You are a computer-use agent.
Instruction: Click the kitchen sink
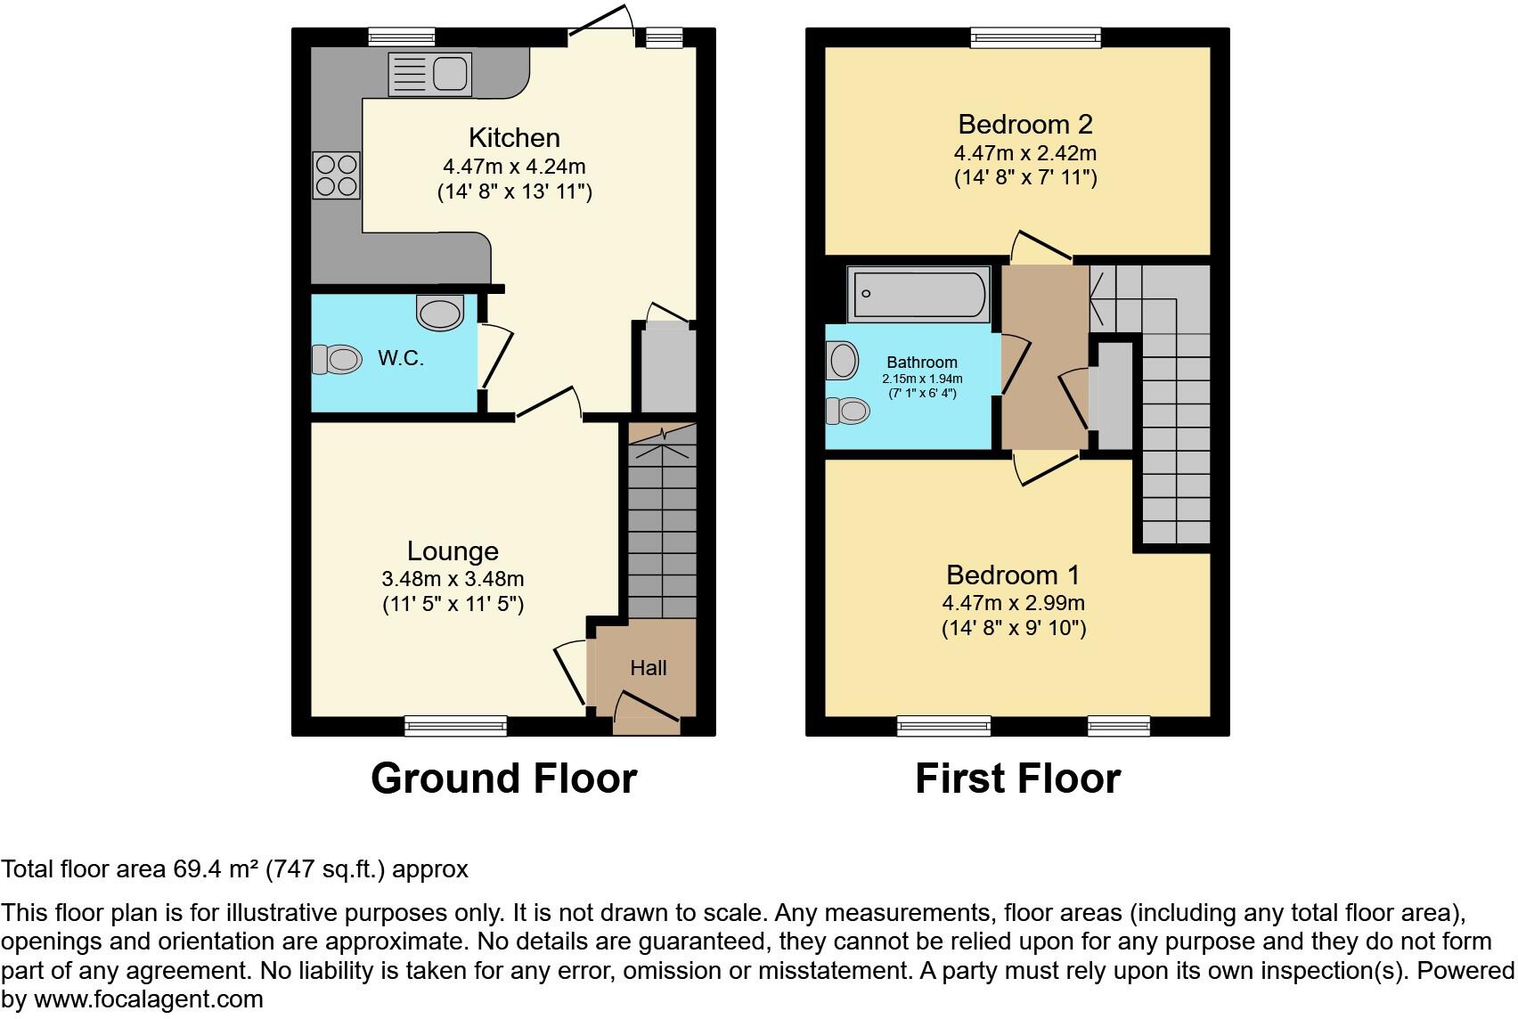tap(428, 74)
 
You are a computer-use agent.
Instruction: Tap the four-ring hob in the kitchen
tap(337, 175)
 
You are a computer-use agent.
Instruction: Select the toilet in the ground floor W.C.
tap(337, 359)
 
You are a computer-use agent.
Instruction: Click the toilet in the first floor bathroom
tap(846, 411)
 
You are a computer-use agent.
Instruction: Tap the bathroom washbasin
tap(843, 362)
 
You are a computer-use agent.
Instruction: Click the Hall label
tap(648, 668)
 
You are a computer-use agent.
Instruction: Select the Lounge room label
tap(453, 551)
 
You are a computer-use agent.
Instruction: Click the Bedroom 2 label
tap(1024, 124)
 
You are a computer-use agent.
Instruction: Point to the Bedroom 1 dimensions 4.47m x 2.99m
tap(1014, 603)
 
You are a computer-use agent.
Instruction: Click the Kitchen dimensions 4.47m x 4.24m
tap(514, 166)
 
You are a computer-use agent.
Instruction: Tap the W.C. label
tap(400, 358)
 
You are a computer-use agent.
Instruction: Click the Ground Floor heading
tap(503, 779)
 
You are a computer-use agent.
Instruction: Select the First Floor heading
tap(1017, 779)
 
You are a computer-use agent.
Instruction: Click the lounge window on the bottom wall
tap(455, 726)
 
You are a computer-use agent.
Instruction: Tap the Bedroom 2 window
tap(1035, 37)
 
